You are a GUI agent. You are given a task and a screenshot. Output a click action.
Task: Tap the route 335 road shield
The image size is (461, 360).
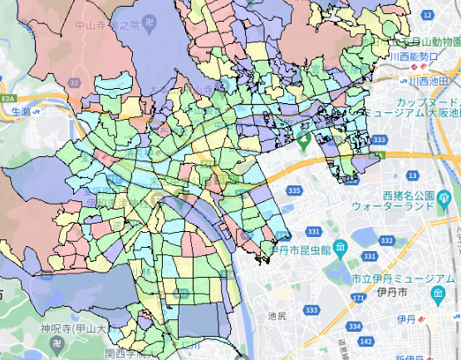click(293, 191)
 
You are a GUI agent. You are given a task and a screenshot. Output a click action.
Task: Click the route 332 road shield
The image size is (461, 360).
click(385, 240)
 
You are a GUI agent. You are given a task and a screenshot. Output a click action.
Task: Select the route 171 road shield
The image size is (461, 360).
click(356, 297)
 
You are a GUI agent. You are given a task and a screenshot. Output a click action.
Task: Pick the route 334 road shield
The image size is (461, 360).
click(355, 327)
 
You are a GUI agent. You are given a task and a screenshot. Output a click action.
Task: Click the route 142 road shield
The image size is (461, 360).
click(366, 341)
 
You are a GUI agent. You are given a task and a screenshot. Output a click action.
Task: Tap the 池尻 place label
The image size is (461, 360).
click(277, 317)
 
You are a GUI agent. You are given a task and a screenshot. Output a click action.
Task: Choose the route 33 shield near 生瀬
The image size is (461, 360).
click(75, 83)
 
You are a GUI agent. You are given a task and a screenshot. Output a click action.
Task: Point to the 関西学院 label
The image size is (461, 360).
click(127, 353)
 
